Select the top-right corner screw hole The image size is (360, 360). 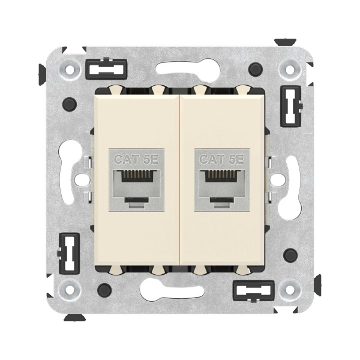291,70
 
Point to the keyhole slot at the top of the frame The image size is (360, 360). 180,68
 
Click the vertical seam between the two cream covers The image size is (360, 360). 179,180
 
